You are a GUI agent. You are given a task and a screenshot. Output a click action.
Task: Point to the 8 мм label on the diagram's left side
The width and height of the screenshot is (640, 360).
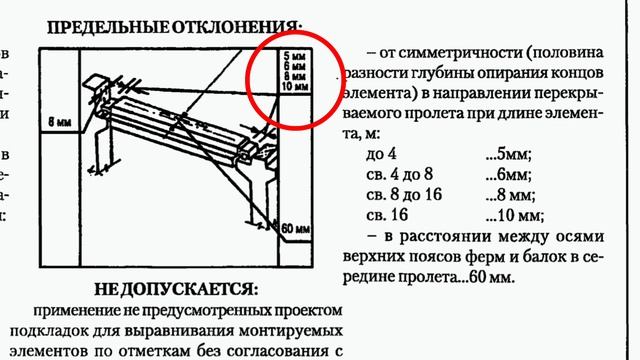coord(61,122)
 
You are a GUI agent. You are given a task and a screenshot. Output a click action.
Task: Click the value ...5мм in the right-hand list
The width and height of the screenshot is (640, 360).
coord(507,154)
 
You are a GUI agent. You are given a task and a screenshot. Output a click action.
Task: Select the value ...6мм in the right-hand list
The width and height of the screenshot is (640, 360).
coord(507,174)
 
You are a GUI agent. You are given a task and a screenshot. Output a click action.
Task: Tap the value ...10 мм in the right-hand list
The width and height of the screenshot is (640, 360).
coord(513,214)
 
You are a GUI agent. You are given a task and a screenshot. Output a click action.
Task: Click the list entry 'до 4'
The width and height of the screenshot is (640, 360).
coord(383,154)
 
